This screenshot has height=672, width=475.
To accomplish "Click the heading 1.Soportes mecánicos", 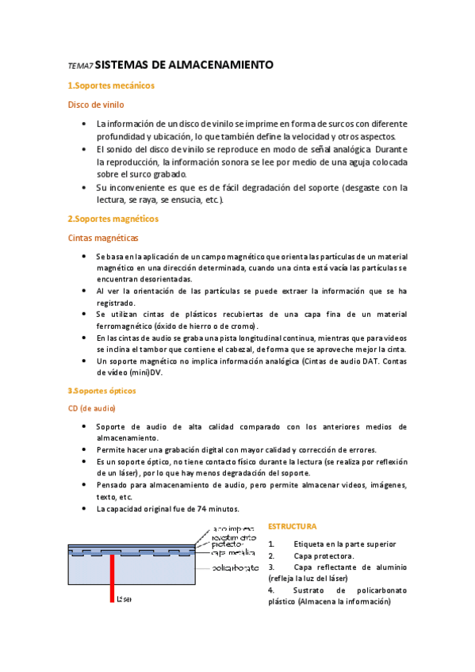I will [110, 86].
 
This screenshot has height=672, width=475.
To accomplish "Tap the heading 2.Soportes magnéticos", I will [113, 218].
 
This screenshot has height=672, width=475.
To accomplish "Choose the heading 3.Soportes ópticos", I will [102, 391].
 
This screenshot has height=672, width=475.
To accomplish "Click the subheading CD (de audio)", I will [92, 408].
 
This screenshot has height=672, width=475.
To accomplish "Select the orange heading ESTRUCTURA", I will [292, 526].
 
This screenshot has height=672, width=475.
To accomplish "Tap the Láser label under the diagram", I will [124, 599].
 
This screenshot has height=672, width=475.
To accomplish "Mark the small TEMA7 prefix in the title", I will [80, 67].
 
